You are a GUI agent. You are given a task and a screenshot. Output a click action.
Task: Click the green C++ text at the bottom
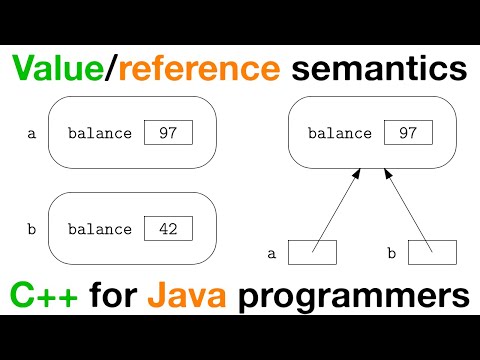click(45, 297)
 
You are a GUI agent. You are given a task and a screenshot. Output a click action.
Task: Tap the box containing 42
click(167, 228)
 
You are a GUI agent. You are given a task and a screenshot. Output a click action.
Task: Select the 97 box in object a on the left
click(167, 131)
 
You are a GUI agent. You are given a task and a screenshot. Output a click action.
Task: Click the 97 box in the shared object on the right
click(407, 131)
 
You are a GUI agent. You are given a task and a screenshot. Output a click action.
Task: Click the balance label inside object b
click(99, 229)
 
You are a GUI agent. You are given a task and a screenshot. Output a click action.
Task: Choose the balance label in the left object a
click(99, 132)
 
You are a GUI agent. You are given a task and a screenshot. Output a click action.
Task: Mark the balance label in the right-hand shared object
click(339, 132)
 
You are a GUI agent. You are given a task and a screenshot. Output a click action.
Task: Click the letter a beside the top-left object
click(32, 132)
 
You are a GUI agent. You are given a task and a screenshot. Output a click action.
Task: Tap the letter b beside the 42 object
click(32, 229)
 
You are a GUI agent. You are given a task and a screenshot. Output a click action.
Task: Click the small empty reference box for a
click(312, 253)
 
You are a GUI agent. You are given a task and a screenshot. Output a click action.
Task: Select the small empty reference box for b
click(432, 253)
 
